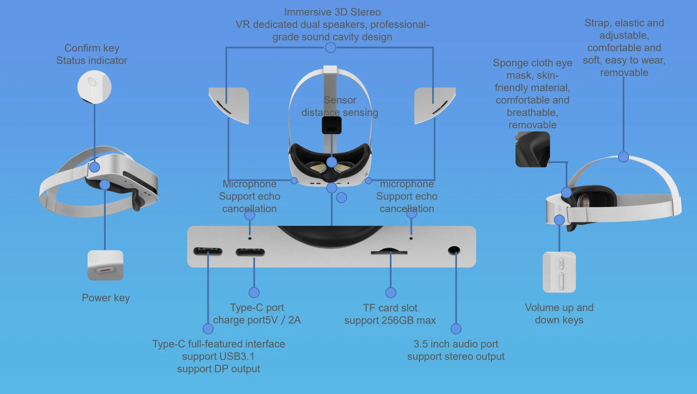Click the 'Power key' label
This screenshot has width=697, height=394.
[x=106, y=298]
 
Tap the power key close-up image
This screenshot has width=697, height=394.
[x=105, y=266]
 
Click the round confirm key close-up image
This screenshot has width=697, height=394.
[x=94, y=87]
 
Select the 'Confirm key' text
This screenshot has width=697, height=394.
[x=92, y=48]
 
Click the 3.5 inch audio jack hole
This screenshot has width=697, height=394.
[x=454, y=250]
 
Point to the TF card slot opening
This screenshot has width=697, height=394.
[x=389, y=252]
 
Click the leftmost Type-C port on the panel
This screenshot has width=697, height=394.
[x=208, y=251]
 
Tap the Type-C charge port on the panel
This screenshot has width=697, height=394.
[x=250, y=252]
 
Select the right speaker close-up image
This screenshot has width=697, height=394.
[x=434, y=105]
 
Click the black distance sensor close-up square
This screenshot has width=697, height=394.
[x=331, y=125]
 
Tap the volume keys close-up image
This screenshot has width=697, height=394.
[x=559, y=272]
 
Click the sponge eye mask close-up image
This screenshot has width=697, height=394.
[x=532, y=149]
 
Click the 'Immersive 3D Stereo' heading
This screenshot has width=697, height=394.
[x=332, y=12]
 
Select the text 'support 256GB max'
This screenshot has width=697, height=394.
[x=390, y=320]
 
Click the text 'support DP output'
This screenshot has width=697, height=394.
[x=218, y=369]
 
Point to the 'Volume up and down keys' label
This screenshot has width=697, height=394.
[x=559, y=314]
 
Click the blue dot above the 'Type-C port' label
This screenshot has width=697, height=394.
[x=254, y=292]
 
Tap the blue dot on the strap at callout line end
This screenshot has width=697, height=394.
[x=623, y=157]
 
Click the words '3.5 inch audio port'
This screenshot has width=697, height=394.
[x=456, y=344]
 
